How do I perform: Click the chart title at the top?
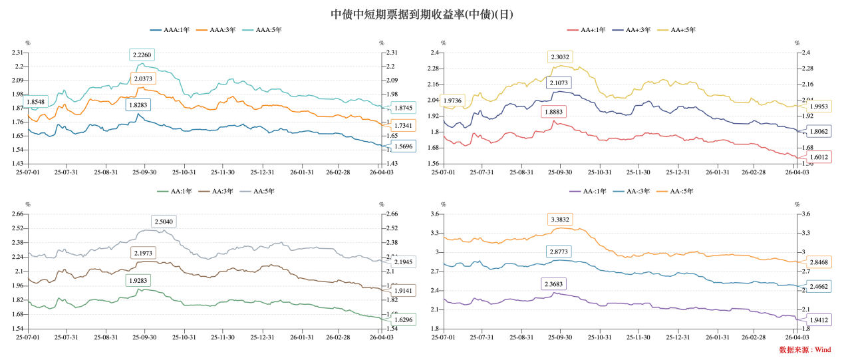click(422, 14)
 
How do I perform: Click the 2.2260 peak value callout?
click(142, 55)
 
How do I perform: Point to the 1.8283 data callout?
click(137, 104)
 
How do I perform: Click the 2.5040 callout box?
click(164, 221)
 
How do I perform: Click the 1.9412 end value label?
click(819, 319)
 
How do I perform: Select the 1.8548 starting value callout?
click(37, 102)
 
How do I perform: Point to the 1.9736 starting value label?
click(456, 100)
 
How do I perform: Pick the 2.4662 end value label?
click(819, 287)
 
